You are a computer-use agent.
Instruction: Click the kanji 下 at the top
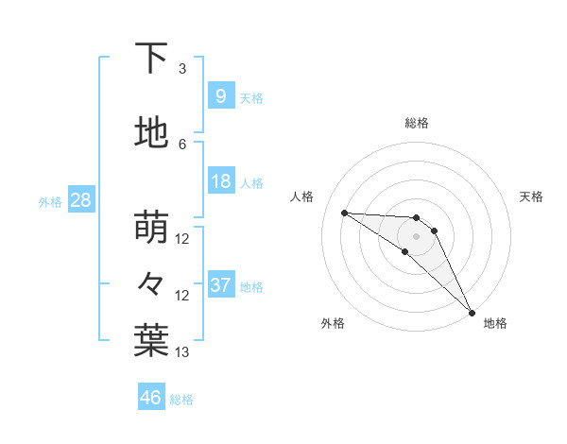click(151, 59)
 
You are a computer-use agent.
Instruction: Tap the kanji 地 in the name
click(151, 134)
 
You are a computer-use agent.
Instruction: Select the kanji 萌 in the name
click(151, 228)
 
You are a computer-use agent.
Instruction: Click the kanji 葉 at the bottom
click(151, 341)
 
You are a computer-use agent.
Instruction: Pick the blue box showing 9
click(220, 96)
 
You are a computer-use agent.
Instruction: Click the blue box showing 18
click(220, 181)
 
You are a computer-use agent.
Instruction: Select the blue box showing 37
click(220, 285)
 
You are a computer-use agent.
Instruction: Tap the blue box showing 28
click(80, 200)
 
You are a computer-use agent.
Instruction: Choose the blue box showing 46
click(150, 398)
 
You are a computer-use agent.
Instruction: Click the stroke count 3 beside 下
click(182, 69)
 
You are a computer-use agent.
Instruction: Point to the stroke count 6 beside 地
click(182, 145)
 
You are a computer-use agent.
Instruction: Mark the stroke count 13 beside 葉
click(182, 352)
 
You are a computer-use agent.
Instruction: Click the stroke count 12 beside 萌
click(182, 239)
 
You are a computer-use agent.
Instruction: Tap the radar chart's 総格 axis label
click(416, 123)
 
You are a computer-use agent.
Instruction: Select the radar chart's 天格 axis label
click(531, 196)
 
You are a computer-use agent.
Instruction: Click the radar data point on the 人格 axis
click(344, 213)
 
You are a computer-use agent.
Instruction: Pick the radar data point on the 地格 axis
click(472, 312)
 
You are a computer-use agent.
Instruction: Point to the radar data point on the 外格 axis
click(404, 251)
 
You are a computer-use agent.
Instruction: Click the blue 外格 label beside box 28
click(50, 201)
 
